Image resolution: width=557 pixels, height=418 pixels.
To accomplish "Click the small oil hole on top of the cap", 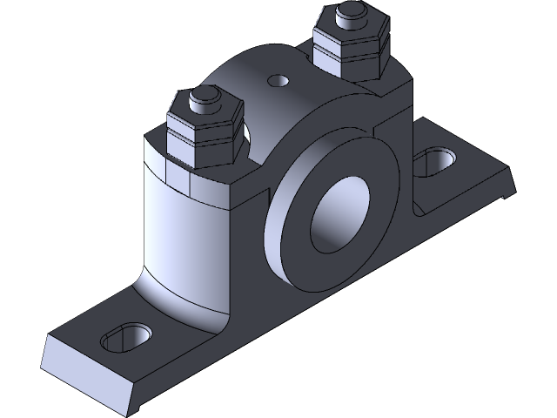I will point(278,81).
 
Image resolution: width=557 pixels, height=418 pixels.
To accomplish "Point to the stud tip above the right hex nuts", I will point(352,12).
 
